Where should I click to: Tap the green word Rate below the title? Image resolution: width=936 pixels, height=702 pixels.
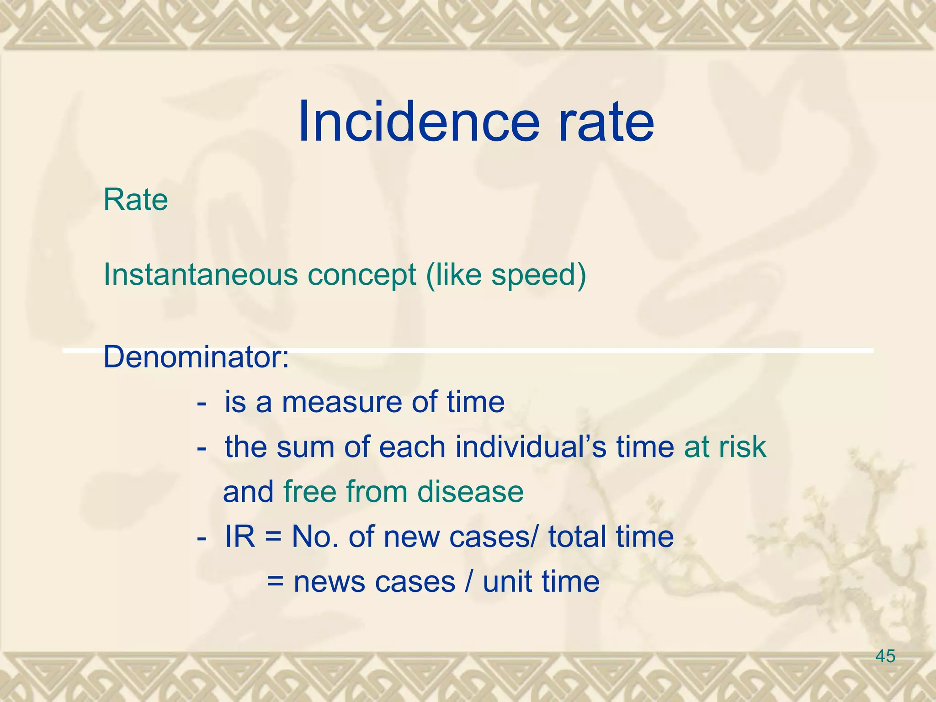(136, 200)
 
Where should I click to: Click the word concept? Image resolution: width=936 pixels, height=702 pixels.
(362, 275)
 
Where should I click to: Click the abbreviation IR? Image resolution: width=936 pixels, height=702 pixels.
(240, 537)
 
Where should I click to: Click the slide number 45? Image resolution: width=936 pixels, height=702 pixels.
(885, 656)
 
